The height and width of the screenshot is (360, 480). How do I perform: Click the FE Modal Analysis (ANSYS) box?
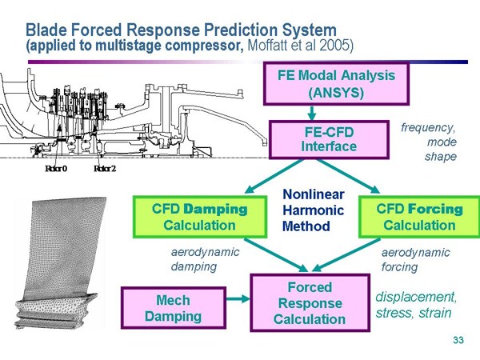[x=336, y=83]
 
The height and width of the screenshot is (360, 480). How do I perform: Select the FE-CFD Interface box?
[x=329, y=139]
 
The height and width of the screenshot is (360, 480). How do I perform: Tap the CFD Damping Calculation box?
[x=199, y=217]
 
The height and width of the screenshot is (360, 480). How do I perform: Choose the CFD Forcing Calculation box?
[x=419, y=217]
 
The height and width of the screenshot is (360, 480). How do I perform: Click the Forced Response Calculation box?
[x=310, y=302]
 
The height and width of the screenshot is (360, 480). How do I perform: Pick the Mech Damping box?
[x=174, y=308]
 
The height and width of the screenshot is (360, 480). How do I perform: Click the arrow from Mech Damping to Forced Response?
[x=238, y=298]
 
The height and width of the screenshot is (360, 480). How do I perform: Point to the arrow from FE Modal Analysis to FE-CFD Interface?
[x=312, y=113]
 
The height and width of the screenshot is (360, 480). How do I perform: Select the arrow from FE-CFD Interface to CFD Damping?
[x=274, y=176]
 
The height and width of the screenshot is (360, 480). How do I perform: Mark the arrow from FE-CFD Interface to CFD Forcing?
[x=348, y=176]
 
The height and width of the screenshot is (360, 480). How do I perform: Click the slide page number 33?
[x=458, y=340]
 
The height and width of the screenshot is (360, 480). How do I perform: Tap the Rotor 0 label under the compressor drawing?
[x=56, y=168]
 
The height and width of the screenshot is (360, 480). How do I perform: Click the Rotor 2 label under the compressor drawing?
[x=105, y=168]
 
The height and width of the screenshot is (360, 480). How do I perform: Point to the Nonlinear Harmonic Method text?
[x=313, y=210]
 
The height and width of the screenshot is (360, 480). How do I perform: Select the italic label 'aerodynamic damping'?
[x=205, y=259]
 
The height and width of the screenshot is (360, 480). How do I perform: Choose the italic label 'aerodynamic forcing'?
[x=415, y=259]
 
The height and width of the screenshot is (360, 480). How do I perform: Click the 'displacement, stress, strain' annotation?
[x=416, y=305]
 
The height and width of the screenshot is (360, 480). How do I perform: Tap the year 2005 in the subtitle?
[x=336, y=46]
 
